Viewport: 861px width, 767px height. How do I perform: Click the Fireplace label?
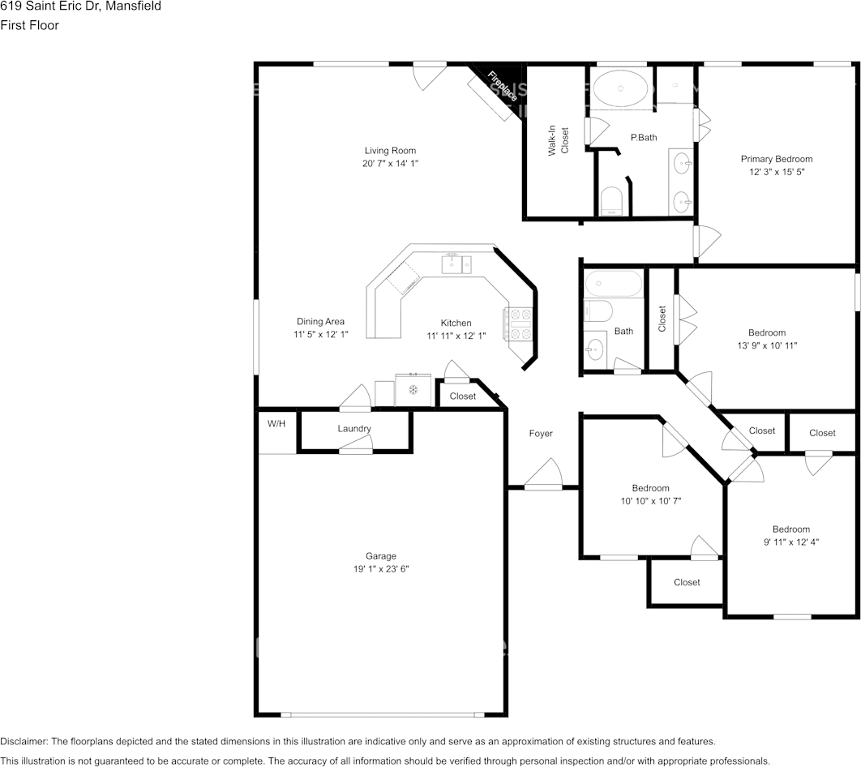click(502, 86)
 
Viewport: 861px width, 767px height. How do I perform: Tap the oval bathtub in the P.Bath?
click(620, 88)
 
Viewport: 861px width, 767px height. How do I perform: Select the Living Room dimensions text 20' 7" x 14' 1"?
click(390, 163)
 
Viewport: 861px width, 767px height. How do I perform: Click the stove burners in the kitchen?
click(518, 324)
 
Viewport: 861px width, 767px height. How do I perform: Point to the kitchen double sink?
click(456, 264)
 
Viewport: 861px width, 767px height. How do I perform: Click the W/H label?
click(276, 423)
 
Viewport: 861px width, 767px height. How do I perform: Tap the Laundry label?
click(354, 428)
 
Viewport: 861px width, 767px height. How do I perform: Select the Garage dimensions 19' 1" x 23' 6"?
click(381, 569)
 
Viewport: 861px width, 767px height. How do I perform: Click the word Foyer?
click(541, 433)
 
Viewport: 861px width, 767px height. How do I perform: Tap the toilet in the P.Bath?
click(611, 200)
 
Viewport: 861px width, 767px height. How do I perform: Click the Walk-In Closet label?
click(559, 140)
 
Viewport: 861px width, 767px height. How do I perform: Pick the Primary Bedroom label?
click(777, 159)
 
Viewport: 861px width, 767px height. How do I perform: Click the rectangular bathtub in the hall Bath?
click(614, 283)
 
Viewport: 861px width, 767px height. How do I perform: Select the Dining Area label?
click(321, 321)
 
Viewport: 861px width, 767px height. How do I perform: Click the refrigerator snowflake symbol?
click(413, 390)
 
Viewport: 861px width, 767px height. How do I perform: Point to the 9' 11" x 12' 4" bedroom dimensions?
click(791, 542)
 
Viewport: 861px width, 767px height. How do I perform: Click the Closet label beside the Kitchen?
click(463, 396)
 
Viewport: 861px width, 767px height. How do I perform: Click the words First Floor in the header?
click(30, 25)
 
